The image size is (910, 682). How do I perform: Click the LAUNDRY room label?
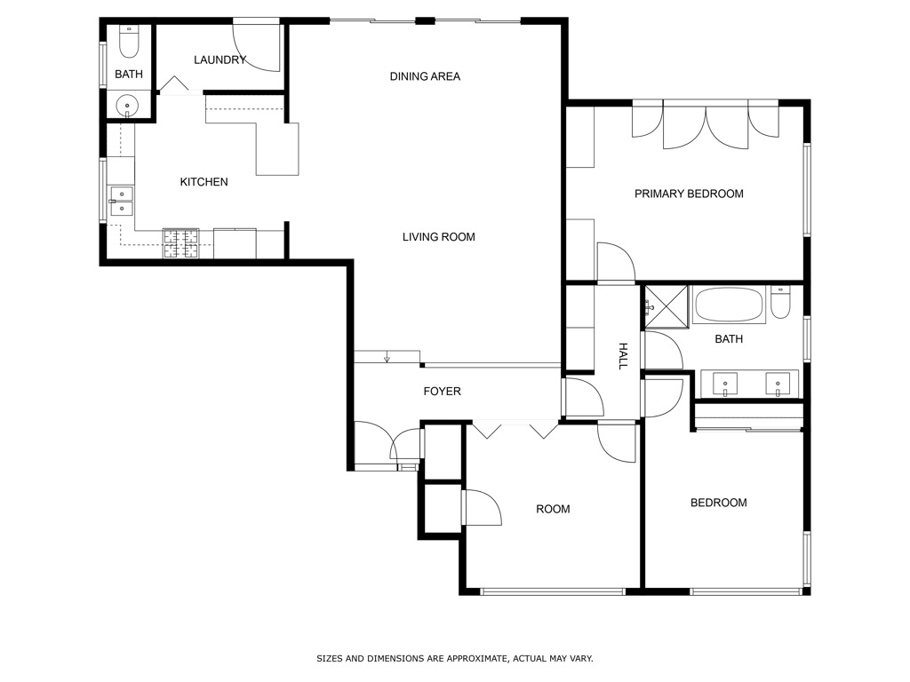pyautogui.click(x=220, y=60)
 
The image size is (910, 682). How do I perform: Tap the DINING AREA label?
pyautogui.click(x=425, y=76)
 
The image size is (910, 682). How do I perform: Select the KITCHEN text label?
pyautogui.click(x=204, y=182)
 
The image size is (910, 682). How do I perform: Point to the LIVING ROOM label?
pyautogui.click(x=438, y=237)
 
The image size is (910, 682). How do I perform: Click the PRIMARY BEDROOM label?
pyautogui.click(x=689, y=194)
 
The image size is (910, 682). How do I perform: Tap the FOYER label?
pyautogui.click(x=442, y=392)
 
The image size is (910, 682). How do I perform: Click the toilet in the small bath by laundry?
pyautogui.click(x=128, y=41)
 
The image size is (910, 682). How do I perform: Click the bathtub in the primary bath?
pyautogui.click(x=729, y=305)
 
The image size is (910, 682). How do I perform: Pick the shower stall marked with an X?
pyautogui.click(x=666, y=306)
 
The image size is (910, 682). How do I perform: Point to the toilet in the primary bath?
pyautogui.click(x=780, y=302)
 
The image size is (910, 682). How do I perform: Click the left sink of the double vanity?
pyautogui.click(x=726, y=385)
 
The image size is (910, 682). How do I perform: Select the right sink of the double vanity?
pyautogui.click(x=778, y=385)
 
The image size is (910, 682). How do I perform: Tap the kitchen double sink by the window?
pyautogui.click(x=121, y=202)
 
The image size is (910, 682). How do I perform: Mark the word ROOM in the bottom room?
pyautogui.click(x=553, y=510)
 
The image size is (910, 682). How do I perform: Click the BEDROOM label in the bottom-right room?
pyautogui.click(x=718, y=503)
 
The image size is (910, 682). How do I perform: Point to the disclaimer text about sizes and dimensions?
pyautogui.click(x=454, y=659)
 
